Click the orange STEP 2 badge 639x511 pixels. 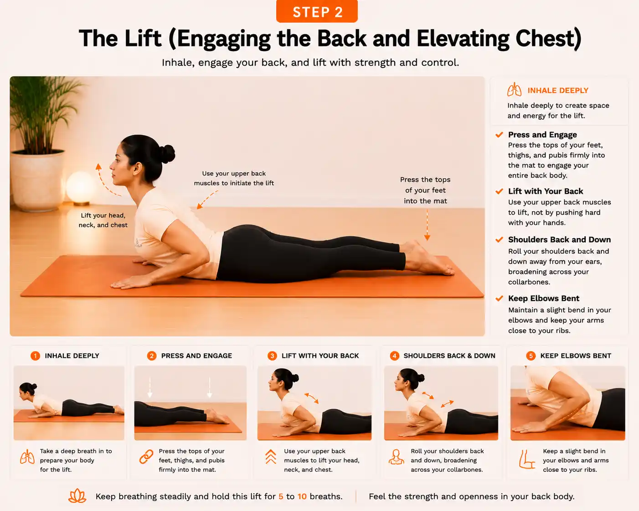tap(317, 11)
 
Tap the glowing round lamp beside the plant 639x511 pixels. tap(81, 187)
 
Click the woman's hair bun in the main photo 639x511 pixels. tap(167, 154)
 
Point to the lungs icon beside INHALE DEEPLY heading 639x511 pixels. tap(514, 90)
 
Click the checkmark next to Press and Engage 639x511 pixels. tap(499, 135)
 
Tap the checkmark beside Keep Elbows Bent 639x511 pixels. tap(499, 298)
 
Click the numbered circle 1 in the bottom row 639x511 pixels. tap(36, 356)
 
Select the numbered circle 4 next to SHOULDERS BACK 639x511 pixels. tap(394, 356)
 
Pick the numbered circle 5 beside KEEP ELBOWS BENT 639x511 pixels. tap(531, 356)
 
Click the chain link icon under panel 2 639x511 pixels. tap(146, 457)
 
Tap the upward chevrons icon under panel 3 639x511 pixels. tap(271, 456)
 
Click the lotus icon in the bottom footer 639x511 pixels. tap(77, 496)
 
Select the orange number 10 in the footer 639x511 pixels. tap(302, 496)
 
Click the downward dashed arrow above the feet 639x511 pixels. tap(427, 225)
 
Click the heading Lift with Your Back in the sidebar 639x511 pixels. tap(546, 191)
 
